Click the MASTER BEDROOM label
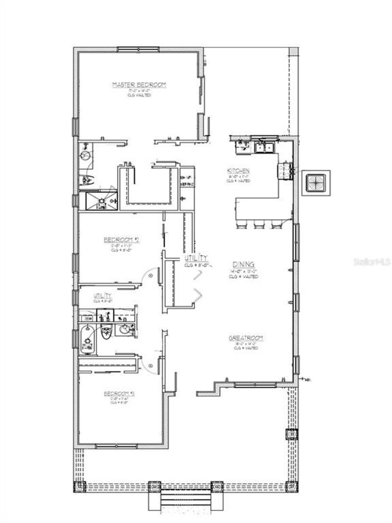tap(139, 85)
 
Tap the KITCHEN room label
tap(238, 171)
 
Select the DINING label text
tap(243, 264)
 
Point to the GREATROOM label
tap(246, 338)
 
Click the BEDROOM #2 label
tap(122, 240)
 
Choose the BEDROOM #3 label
tap(119, 393)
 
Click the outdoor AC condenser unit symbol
tap(316, 183)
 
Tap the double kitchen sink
tap(264, 147)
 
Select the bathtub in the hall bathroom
tap(87, 340)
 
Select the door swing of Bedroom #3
tap(150, 365)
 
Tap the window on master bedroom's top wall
tap(138, 49)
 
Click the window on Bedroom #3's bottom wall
tap(116, 446)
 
